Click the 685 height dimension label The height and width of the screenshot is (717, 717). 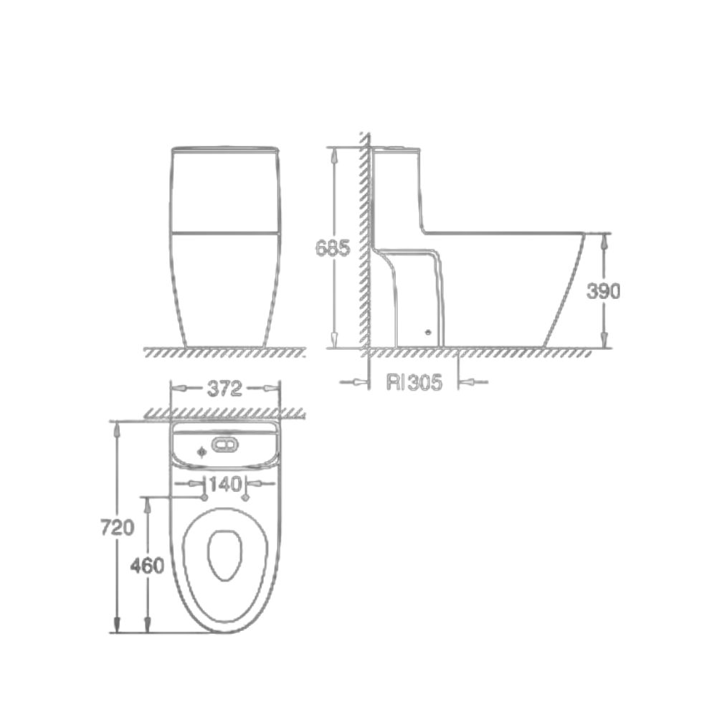pos(333,248)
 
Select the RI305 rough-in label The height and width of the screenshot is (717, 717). pos(413,382)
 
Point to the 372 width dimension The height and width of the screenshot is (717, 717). pos(224,389)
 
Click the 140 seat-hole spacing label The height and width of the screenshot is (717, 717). pos(225,485)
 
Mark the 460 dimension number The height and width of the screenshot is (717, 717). pos(148,565)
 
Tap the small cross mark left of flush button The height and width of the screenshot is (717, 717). pos(201,452)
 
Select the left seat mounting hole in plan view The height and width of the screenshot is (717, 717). pos(204,497)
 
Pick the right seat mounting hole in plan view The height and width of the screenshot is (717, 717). pos(247,497)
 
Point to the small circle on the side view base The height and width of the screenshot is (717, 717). pos(429,332)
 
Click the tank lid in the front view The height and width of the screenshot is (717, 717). pos(224,148)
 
